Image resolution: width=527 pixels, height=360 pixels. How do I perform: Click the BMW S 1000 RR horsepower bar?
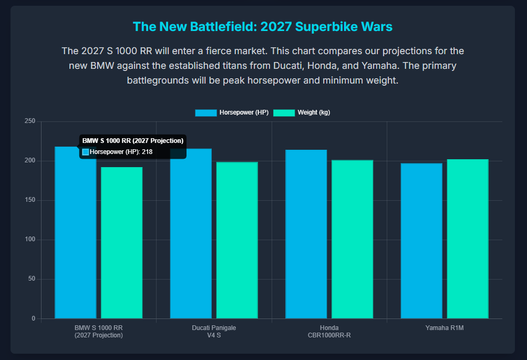tap(75, 236)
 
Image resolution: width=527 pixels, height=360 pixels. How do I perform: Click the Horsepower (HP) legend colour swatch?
tap(205, 112)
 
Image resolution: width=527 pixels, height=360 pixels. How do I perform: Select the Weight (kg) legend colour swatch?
tap(284, 112)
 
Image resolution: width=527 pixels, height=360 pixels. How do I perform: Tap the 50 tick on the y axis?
tap(32, 279)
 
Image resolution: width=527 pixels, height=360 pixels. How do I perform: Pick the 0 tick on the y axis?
tap(33, 318)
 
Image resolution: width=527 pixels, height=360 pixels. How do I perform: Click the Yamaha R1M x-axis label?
tap(445, 328)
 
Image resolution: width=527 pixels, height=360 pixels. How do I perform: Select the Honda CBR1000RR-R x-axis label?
tap(329, 332)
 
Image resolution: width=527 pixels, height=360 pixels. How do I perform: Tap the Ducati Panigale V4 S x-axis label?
tap(214, 332)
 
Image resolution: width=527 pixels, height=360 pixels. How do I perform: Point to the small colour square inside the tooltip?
tap(86, 152)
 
